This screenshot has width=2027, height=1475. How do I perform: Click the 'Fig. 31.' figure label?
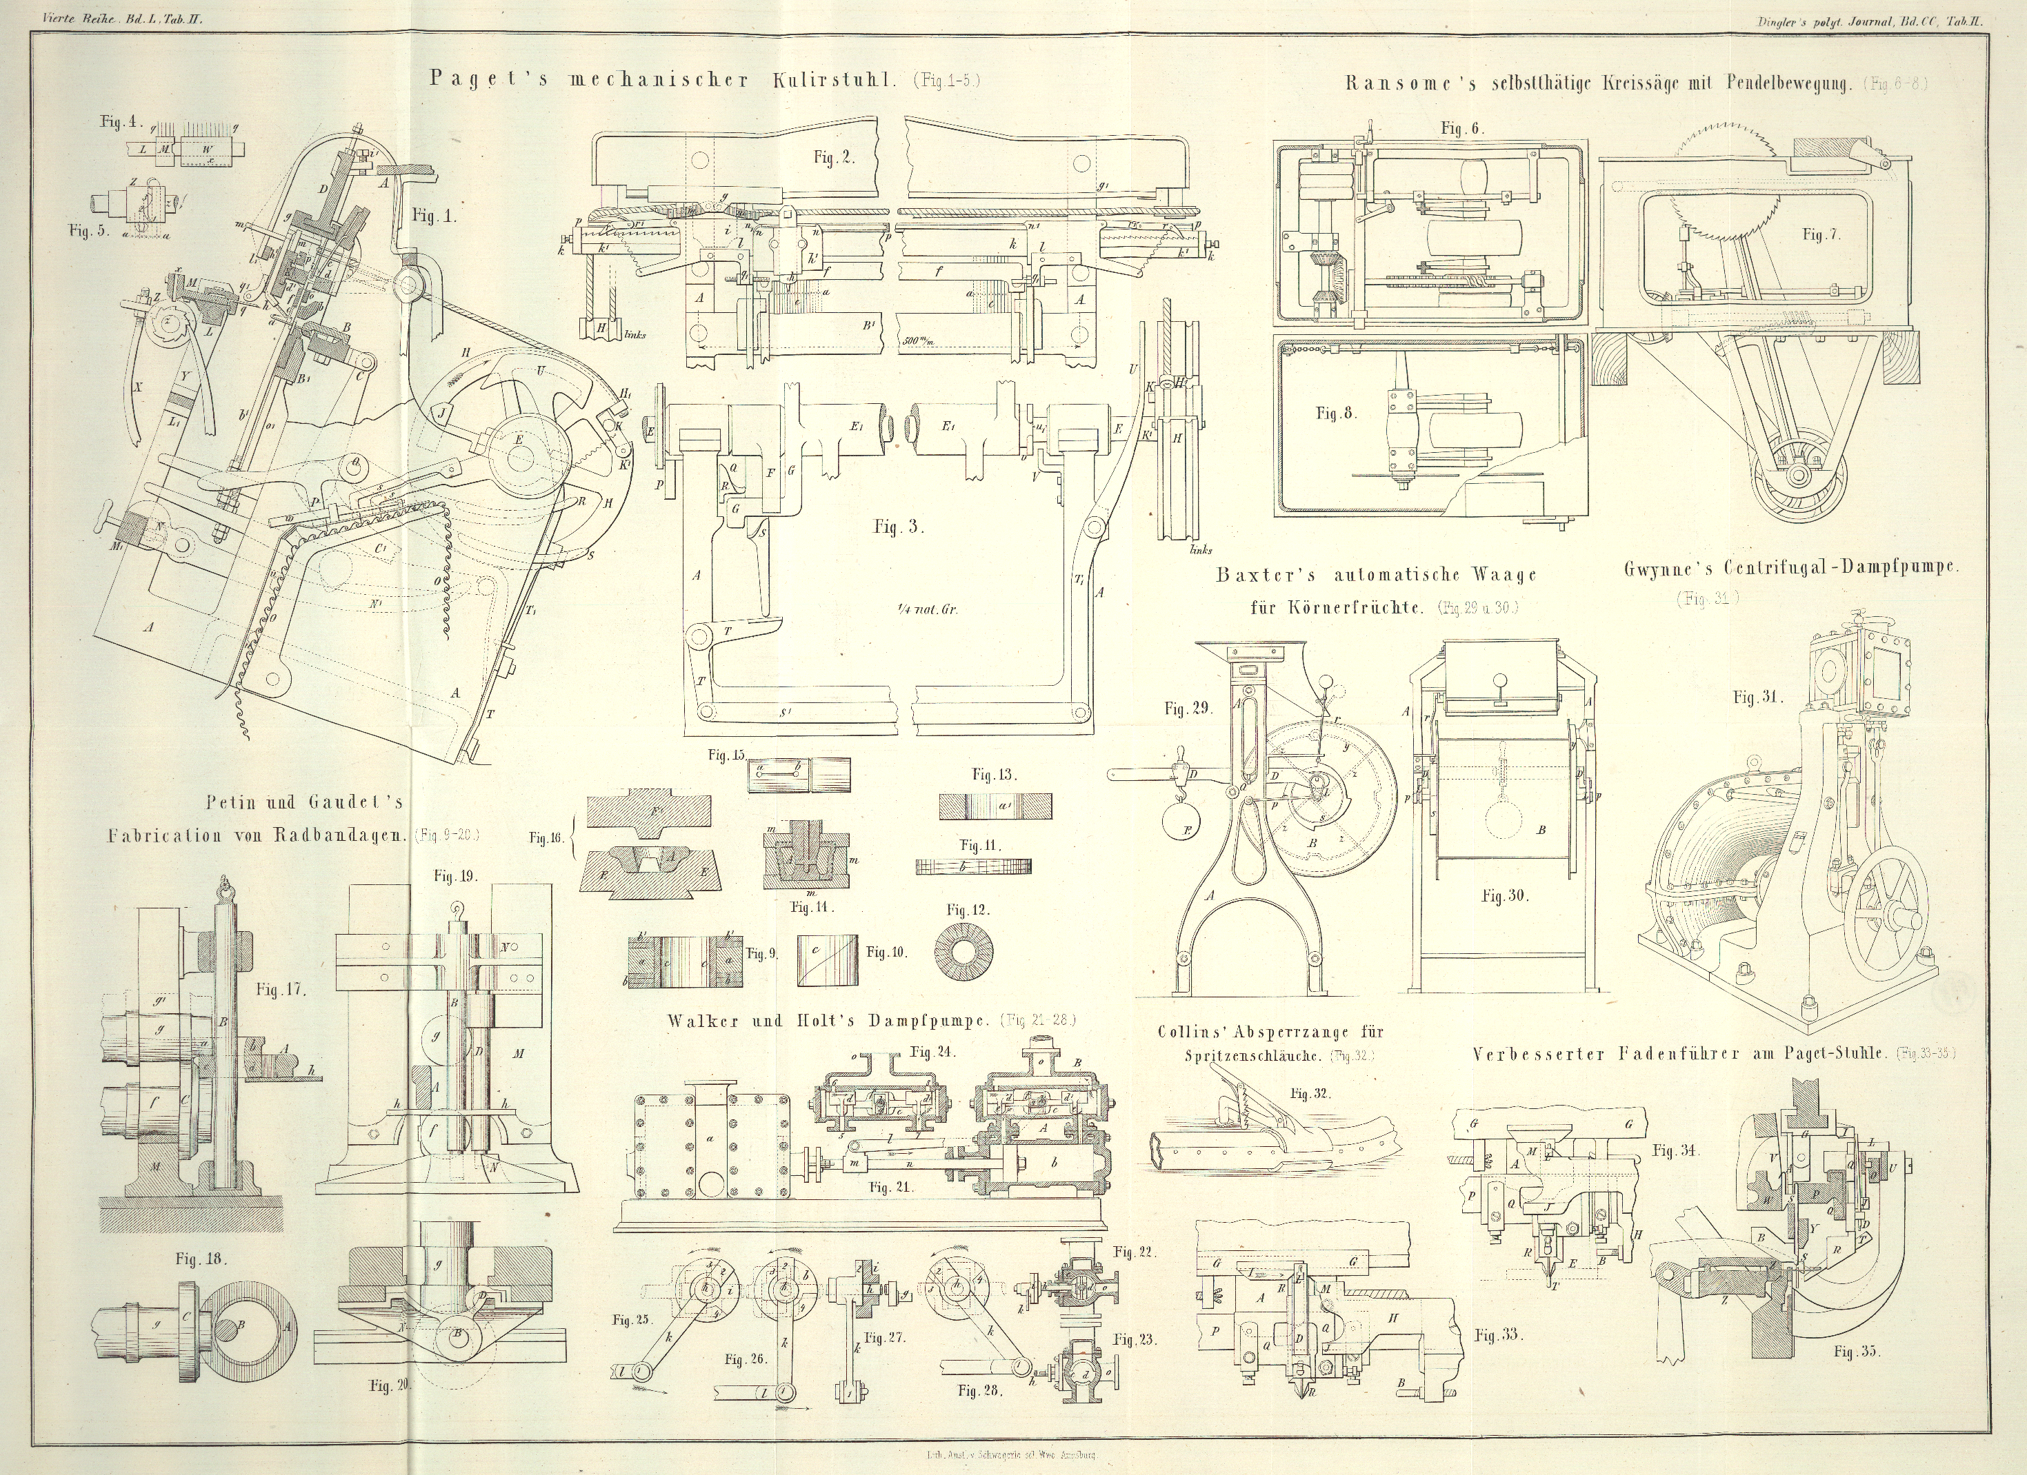tap(1758, 698)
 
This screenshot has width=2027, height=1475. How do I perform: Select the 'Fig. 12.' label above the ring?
tap(970, 910)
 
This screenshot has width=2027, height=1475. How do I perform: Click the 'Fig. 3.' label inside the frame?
tap(898, 526)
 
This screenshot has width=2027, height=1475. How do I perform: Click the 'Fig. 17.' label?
tap(281, 989)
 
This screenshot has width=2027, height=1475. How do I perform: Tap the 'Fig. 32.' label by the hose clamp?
tap(1311, 1092)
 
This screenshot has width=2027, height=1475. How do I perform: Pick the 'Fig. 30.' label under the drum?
tap(1505, 896)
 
